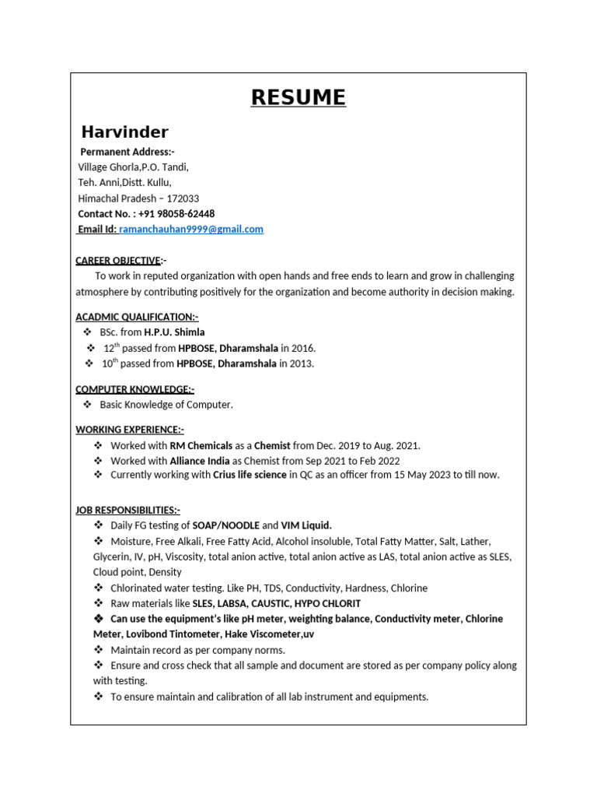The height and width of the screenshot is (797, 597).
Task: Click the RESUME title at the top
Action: click(298, 97)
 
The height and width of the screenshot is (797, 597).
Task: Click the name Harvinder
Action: click(124, 132)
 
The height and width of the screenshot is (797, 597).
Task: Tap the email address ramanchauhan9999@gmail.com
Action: click(190, 229)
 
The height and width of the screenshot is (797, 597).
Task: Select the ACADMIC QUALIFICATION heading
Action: click(137, 317)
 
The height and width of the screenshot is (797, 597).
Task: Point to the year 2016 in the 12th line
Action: click(302, 348)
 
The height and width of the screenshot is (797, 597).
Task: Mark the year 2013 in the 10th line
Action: click(301, 363)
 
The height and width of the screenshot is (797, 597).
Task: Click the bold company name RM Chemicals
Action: click(201, 445)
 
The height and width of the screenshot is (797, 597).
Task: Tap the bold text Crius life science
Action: click(250, 475)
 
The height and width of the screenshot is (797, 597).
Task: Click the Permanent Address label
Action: click(127, 152)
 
